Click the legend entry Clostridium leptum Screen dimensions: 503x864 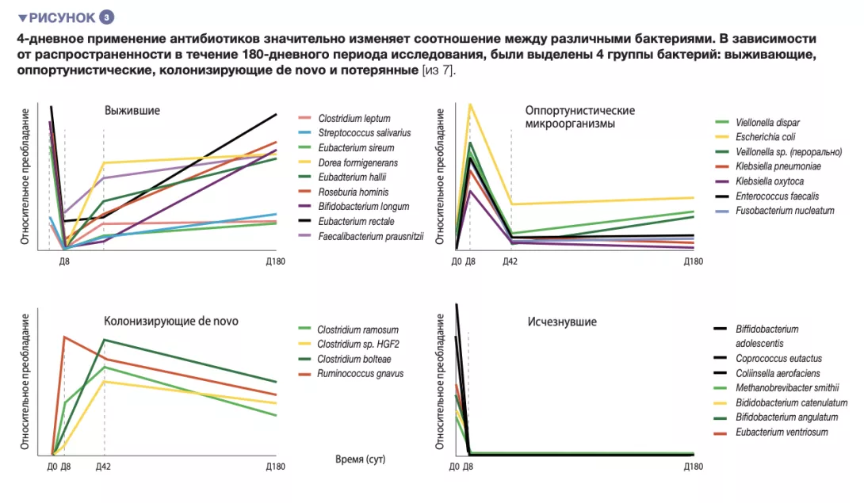point(354,119)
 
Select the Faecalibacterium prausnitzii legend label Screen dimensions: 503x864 point(371,236)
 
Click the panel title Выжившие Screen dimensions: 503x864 point(132,111)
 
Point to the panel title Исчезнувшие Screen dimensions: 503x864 point(562,322)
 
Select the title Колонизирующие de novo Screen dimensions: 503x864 point(171,322)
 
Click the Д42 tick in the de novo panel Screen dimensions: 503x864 point(104,467)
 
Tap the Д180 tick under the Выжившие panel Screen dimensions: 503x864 point(274,261)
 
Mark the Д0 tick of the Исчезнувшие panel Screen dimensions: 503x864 point(455,467)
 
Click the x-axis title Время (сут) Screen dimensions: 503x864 point(361,459)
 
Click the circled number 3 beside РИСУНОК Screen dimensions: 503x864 point(108,17)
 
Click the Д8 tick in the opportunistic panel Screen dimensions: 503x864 point(469,261)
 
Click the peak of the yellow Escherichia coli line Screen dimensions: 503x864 point(470,105)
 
